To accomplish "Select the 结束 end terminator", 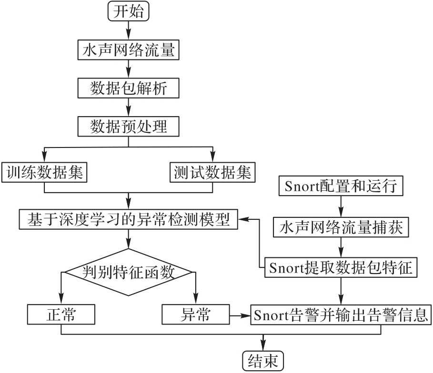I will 263,361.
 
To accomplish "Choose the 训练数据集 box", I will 44,173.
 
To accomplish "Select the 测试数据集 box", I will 212,173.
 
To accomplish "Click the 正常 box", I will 61,315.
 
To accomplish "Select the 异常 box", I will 195,315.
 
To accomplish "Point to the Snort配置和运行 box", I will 340,185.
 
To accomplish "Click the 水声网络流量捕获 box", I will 340,228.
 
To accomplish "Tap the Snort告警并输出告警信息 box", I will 340,315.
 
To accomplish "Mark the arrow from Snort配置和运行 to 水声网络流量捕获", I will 340,206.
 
